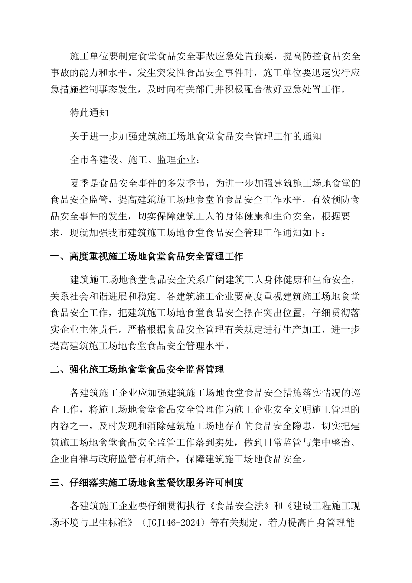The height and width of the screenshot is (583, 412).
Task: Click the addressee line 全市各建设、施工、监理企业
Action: click(x=135, y=160)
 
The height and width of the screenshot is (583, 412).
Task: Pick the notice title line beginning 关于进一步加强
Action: click(x=196, y=137)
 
